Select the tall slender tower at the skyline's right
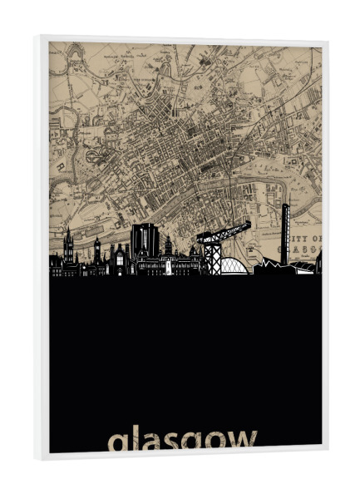(x=284, y=233)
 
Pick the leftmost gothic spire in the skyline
(x=68, y=246)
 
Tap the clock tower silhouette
(x=97, y=251)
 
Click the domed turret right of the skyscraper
(x=169, y=249)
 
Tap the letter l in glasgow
(x=134, y=438)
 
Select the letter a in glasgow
(x=150, y=442)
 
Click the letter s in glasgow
(x=172, y=442)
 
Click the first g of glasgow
(x=118, y=444)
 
